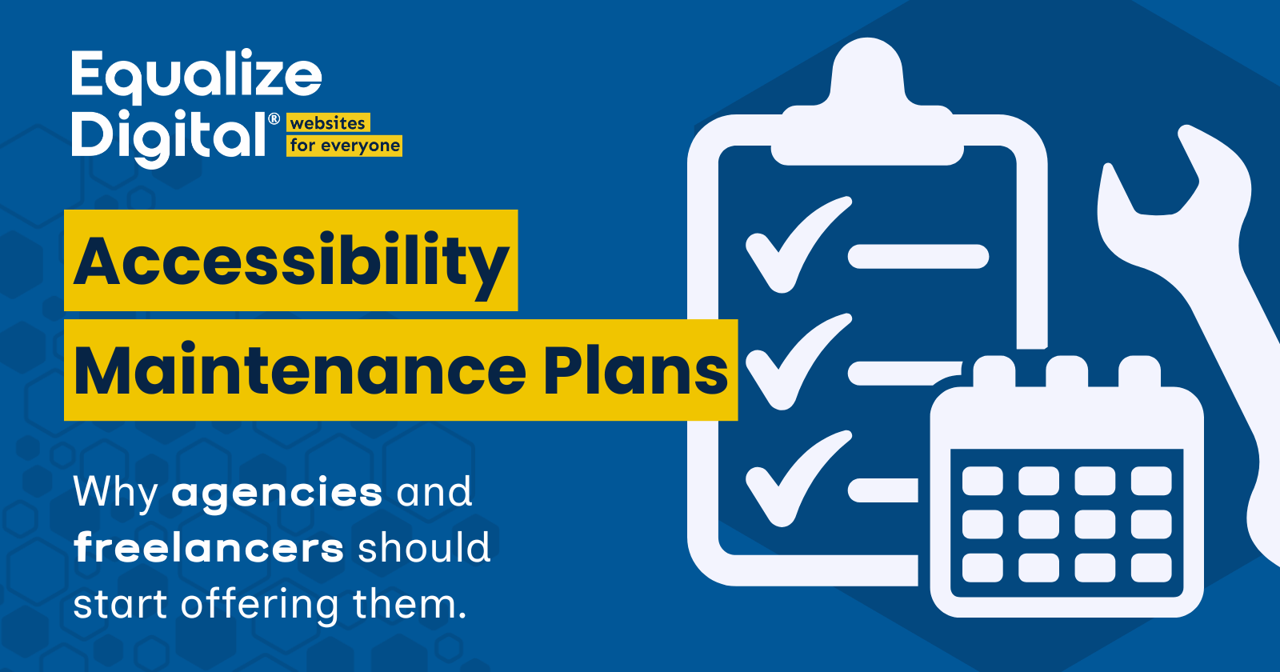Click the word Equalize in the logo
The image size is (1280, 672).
[x=196, y=76]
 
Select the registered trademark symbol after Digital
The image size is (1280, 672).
[x=274, y=119]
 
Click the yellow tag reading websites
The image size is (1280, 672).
[x=328, y=123]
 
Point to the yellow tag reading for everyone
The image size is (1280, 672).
[x=345, y=146]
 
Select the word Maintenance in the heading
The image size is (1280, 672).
[x=300, y=371]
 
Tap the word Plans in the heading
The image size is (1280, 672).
[x=636, y=371]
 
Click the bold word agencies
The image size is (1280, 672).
[x=277, y=492]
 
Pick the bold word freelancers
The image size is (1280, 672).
[x=209, y=548]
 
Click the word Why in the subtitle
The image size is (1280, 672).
[x=115, y=492]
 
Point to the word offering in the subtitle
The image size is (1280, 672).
[x=259, y=605]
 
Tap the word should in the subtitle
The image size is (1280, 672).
[x=423, y=548]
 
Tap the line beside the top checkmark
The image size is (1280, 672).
[x=918, y=256]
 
